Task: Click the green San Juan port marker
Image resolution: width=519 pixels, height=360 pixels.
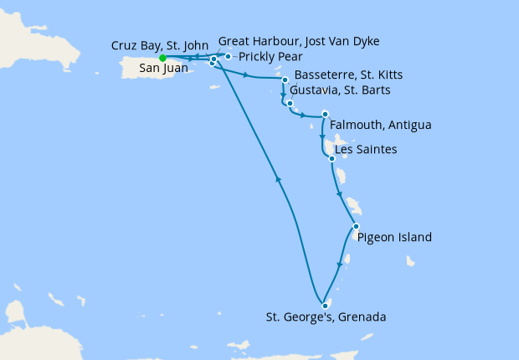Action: coord(162,58)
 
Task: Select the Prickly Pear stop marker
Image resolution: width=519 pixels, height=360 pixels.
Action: coord(228,57)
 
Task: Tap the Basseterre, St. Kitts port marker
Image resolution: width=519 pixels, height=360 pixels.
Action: coord(285,80)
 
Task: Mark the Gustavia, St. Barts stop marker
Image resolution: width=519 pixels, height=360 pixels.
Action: coord(290,104)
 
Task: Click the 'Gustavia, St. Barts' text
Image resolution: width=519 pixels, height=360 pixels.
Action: coord(340,90)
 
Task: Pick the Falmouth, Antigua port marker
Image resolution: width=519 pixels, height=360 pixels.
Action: coord(325,114)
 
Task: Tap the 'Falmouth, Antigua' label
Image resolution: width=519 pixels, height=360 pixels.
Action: coord(381,126)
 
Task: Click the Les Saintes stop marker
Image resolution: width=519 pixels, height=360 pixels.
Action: coord(332,158)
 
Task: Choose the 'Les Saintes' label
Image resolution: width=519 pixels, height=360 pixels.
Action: coord(365,150)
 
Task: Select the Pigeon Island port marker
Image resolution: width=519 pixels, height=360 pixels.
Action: coord(356,227)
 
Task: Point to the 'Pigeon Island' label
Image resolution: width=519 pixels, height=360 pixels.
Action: coord(394,238)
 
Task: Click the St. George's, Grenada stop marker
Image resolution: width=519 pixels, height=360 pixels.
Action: coord(324,305)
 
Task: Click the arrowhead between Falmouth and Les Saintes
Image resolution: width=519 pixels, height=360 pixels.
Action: coord(323,136)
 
